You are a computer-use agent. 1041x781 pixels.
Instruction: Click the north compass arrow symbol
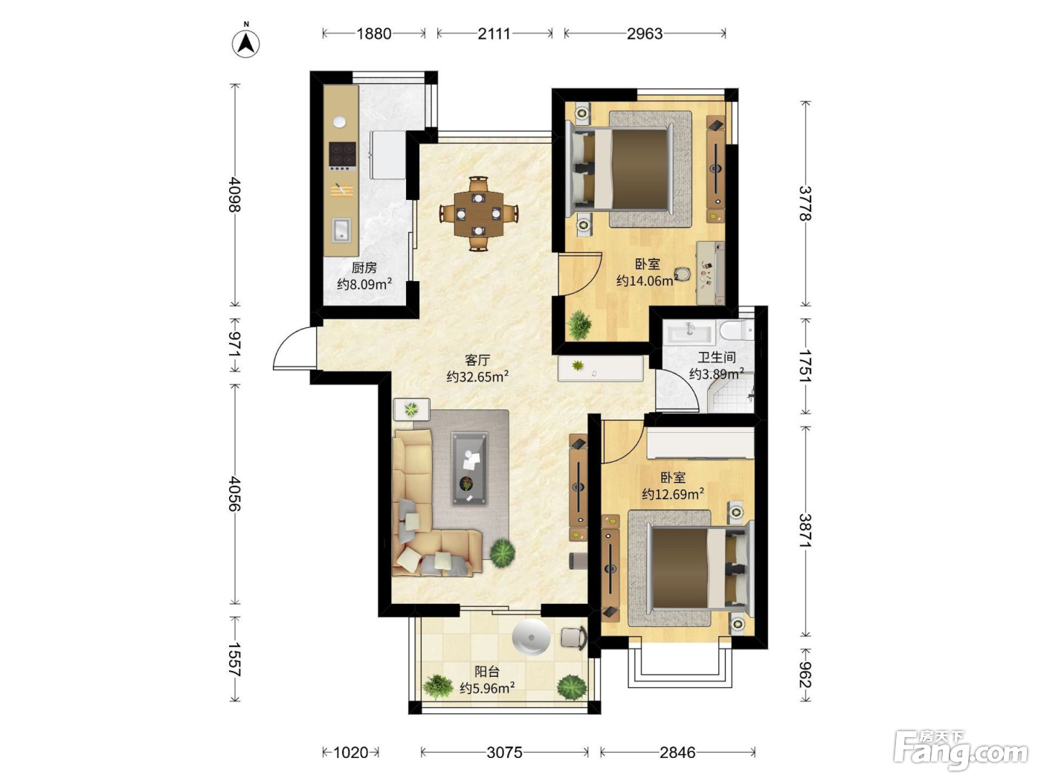(246, 44)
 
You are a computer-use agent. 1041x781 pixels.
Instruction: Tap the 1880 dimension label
(374, 33)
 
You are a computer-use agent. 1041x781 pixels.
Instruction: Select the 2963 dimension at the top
(645, 33)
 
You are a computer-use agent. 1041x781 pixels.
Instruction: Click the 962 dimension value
(805, 675)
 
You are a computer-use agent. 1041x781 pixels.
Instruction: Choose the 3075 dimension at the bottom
(505, 752)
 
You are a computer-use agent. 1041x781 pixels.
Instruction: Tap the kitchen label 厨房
(364, 268)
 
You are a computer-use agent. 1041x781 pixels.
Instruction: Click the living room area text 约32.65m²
(477, 377)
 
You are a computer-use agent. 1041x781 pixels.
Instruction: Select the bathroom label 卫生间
(717, 357)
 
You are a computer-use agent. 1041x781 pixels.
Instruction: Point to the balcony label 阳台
(488, 672)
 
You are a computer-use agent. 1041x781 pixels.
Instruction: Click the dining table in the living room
(479, 213)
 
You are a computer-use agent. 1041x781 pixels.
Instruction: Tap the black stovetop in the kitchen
(343, 155)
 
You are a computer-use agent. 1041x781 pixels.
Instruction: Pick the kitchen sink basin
(341, 231)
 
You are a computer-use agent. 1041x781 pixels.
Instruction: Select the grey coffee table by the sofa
(469, 469)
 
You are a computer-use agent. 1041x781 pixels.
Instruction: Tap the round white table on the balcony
(531, 637)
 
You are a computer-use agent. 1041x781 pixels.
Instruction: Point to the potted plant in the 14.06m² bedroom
(579, 325)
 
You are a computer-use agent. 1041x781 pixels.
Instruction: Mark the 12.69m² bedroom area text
(673, 495)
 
